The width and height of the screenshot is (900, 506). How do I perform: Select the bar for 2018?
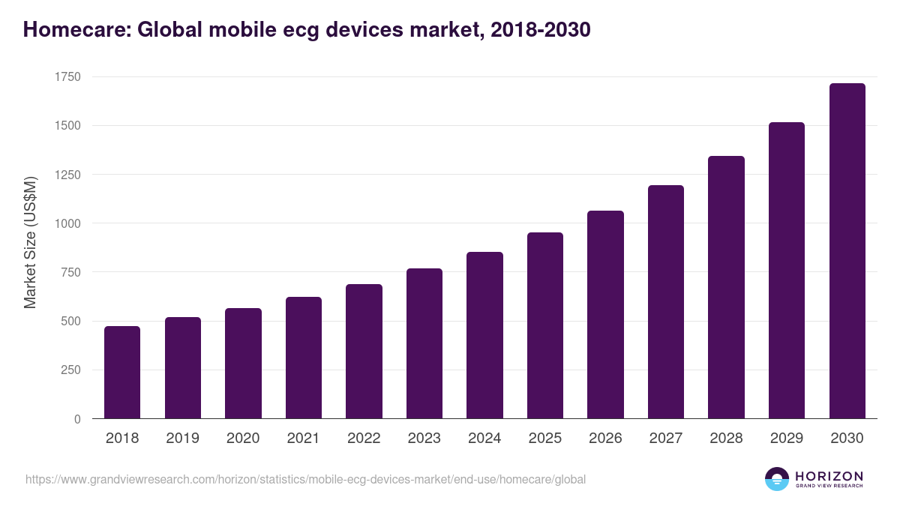pos(122,373)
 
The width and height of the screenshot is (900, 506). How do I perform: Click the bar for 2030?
pos(847,251)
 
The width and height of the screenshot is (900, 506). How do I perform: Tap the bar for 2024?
pos(484,335)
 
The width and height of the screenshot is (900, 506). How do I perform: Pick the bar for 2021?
pos(304,358)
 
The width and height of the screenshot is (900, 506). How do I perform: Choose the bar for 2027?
pos(666,302)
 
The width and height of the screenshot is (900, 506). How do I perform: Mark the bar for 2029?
pos(787,271)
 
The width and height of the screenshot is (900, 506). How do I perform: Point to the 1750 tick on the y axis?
pos(67,77)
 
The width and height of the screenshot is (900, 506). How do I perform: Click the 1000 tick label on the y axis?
pos(67,223)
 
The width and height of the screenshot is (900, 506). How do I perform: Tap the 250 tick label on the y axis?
pos(70,370)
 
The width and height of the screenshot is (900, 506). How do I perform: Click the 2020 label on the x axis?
pos(243,439)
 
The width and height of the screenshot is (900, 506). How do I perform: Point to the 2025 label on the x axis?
pos(544,439)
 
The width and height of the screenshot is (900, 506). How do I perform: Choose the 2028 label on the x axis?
pos(726,439)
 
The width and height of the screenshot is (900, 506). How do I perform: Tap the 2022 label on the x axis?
pos(364,439)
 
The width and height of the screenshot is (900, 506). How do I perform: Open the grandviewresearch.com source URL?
pos(305,479)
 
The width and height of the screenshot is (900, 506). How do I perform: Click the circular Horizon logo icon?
pos(777,479)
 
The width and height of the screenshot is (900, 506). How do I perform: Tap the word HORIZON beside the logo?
pos(829,476)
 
